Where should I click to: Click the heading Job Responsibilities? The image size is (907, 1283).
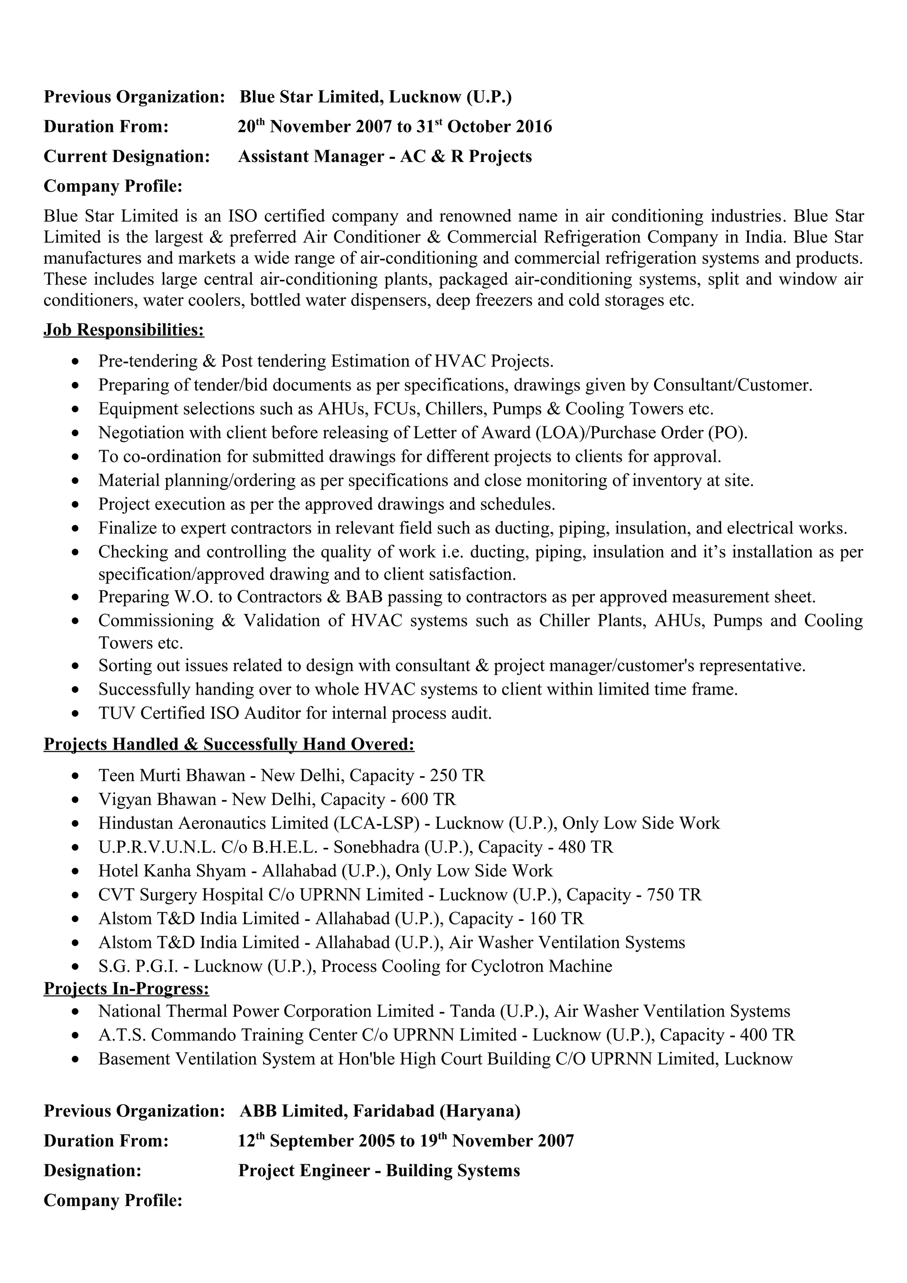click(124, 330)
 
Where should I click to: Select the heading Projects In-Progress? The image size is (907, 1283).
click(126, 989)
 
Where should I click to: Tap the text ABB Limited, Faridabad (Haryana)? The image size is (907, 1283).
click(380, 1110)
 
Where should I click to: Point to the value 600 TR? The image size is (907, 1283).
click(428, 799)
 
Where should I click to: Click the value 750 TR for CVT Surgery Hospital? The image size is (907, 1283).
click(674, 895)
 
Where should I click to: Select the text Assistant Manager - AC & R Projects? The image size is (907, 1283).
click(384, 156)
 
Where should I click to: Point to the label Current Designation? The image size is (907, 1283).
click(126, 156)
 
